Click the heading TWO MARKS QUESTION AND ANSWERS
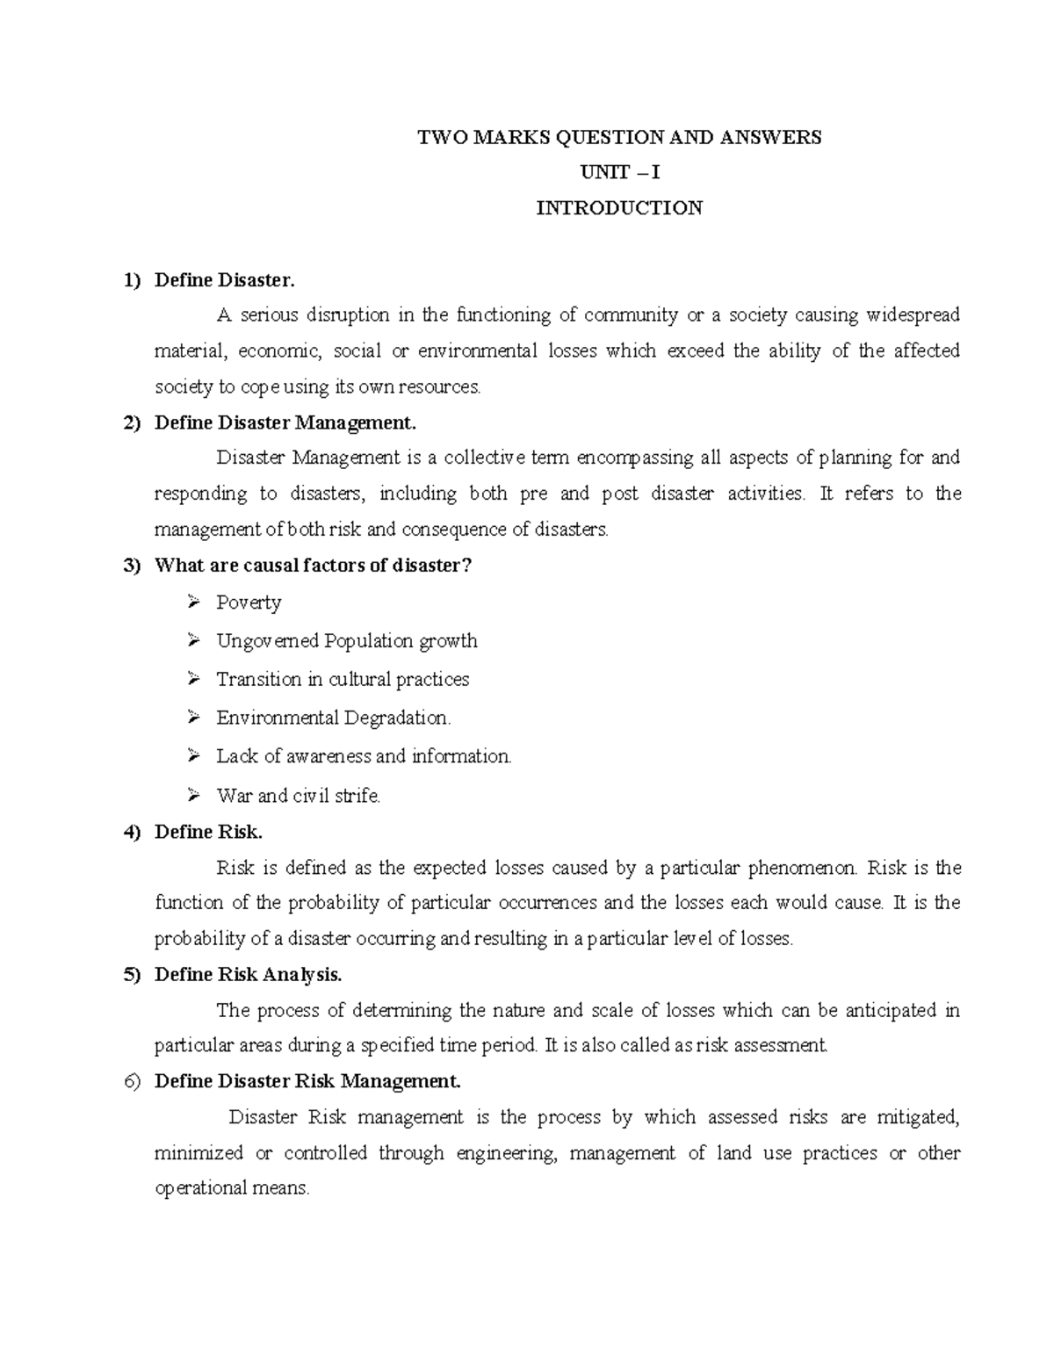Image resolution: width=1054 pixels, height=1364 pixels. coord(619,137)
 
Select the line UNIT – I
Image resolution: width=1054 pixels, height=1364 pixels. coord(619,172)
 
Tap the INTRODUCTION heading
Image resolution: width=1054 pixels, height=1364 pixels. coord(619,208)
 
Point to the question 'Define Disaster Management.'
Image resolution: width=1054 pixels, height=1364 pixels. coord(285,422)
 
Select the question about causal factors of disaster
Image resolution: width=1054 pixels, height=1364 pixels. coord(313,566)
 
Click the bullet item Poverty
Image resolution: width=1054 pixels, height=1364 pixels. coord(249,603)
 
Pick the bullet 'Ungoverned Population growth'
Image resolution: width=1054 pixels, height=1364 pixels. coord(347,641)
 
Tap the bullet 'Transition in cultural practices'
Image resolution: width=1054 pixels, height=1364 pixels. coord(343,680)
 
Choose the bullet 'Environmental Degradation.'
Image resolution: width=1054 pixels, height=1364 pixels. coord(334,718)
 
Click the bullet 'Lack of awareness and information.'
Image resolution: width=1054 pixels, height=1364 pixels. coord(364,756)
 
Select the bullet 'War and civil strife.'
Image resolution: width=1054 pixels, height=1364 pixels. coord(299,796)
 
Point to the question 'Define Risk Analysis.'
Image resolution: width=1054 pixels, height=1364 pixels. coord(248,974)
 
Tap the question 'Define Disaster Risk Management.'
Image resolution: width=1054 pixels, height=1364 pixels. coord(307,1081)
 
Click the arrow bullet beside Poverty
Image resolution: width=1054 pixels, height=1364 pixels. coord(194,603)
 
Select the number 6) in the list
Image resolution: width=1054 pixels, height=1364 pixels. coord(132,1081)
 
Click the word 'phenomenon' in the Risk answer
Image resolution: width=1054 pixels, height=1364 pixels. coord(802,869)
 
